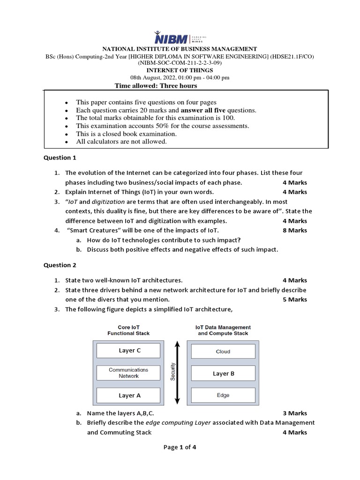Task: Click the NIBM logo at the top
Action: pyautogui.click(x=180, y=38)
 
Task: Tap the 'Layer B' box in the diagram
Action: pyautogui.click(x=223, y=374)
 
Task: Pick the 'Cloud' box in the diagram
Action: pyautogui.click(x=223, y=352)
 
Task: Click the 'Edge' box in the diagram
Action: pyautogui.click(x=223, y=395)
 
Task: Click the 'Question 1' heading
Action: pyautogui.click(x=60, y=158)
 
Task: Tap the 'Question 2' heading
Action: pyautogui.click(x=60, y=265)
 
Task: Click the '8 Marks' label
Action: pyautogui.click(x=295, y=231)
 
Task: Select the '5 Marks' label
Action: pyautogui.click(x=295, y=300)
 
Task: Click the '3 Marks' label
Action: pyautogui.click(x=295, y=413)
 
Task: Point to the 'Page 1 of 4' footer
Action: pyautogui.click(x=180, y=447)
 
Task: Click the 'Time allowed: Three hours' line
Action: pyautogui.click(x=156, y=86)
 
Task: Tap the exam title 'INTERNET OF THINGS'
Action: pyautogui.click(x=180, y=70)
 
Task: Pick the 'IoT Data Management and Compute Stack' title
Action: pyautogui.click(x=223, y=330)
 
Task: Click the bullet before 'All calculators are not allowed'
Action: pyautogui.click(x=67, y=142)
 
